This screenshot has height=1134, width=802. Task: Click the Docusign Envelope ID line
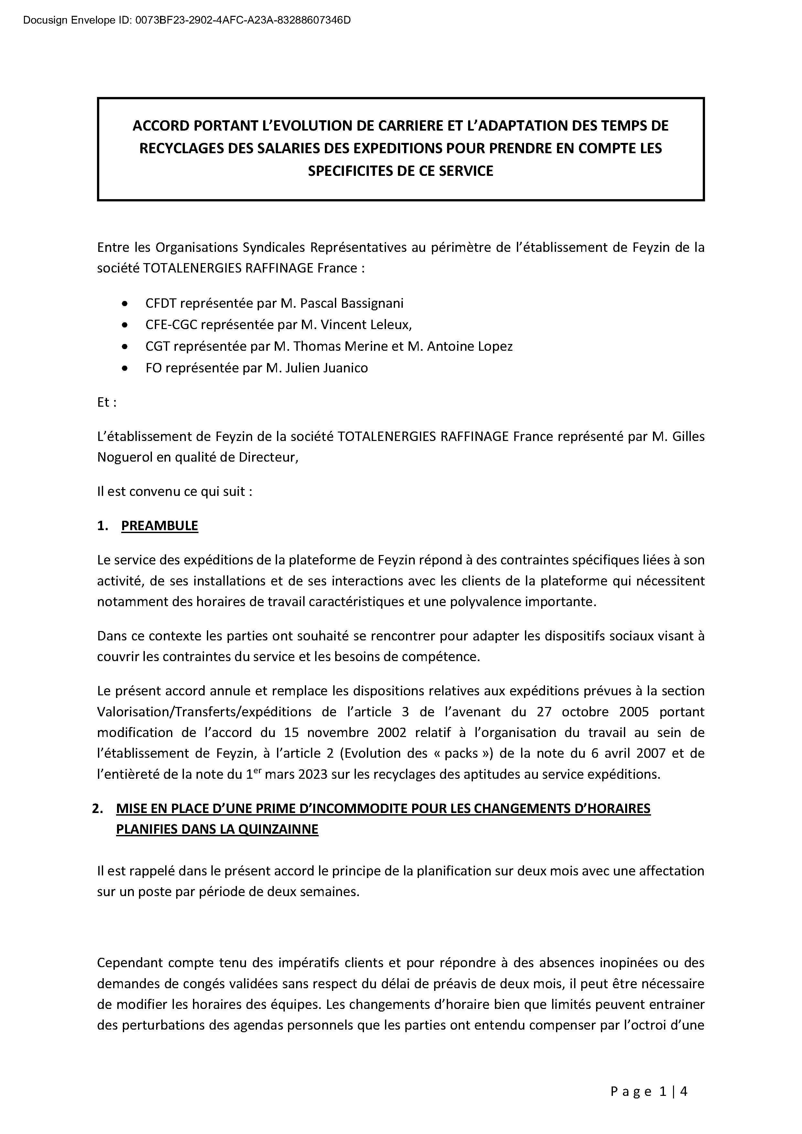pyautogui.click(x=187, y=20)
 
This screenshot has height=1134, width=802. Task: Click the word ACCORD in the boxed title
pyautogui.click(x=161, y=126)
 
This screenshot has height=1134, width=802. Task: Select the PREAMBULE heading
pyautogui.click(x=159, y=526)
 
